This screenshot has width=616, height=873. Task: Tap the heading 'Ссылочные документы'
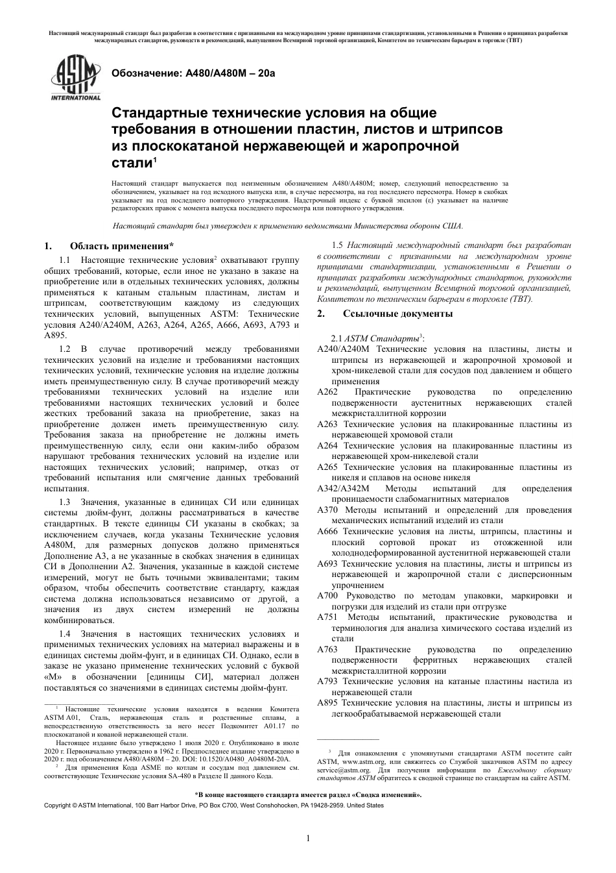pyautogui.click(x=397, y=314)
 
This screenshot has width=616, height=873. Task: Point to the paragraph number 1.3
pyautogui.click(x=65, y=502)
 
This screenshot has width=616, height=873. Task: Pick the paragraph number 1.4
pyautogui.click(x=65, y=633)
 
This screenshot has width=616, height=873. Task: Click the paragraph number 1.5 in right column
pyautogui.click(x=337, y=245)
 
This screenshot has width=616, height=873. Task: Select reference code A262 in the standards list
pyautogui.click(x=327, y=392)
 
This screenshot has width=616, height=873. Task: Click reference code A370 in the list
pyautogui.click(x=328, y=510)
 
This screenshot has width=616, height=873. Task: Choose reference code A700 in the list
pyautogui.click(x=327, y=596)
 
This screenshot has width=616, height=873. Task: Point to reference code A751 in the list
pyautogui.click(x=327, y=617)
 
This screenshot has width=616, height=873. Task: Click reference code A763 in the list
pyautogui.click(x=327, y=649)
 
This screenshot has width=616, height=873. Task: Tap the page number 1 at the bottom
pyautogui.click(x=308, y=838)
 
